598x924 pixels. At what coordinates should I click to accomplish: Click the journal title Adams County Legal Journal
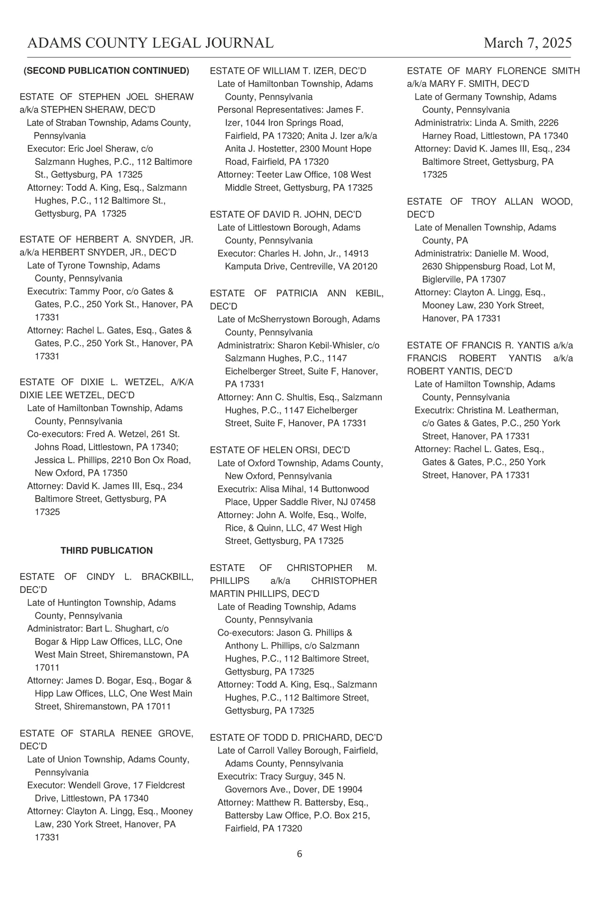pos(150,43)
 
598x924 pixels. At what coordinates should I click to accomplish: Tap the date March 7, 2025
pos(528,43)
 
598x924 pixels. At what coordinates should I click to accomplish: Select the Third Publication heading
pos(107,550)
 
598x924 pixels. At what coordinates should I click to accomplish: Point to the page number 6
pos(299,854)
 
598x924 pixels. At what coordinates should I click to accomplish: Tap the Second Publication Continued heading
pos(107,71)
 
